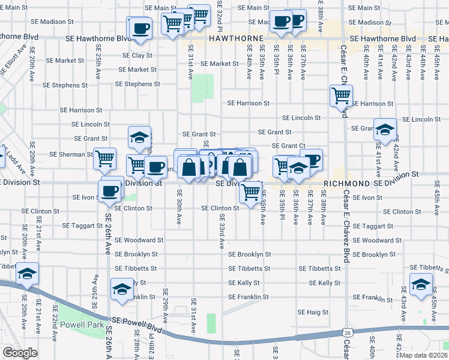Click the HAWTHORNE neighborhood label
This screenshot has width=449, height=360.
click(237, 38)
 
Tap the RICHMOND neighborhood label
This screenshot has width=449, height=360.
click(345, 183)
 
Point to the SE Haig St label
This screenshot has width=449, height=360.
click(313, 312)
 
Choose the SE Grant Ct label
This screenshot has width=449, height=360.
click(289, 146)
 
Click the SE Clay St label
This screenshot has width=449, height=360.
click(137, 55)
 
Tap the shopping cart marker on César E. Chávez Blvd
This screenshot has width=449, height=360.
click(341, 96)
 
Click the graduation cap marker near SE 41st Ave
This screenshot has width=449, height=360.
click(384, 129)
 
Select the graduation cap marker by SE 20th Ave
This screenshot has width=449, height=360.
click(27, 274)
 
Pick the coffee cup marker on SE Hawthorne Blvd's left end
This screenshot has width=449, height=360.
click(140, 28)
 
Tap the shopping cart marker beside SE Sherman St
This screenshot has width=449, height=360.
click(104, 159)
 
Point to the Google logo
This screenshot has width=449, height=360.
click(20, 353)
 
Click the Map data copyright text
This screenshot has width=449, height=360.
click(424, 355)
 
